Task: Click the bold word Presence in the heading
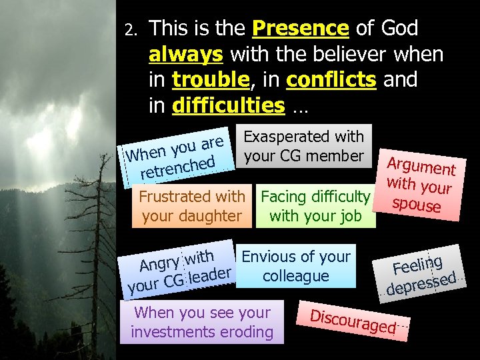click(301, 29)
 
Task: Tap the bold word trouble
click(210, 79)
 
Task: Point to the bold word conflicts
click(331, 79)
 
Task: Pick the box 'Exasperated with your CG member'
click(303, 147)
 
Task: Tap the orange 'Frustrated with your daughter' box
click(191, 206)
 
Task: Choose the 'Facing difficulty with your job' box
click(315, 206)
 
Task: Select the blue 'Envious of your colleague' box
click(296, 266)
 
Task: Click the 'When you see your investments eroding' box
click(202, 322)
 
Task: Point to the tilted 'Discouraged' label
click(354, 320)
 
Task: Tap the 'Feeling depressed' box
click(423, 273)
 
